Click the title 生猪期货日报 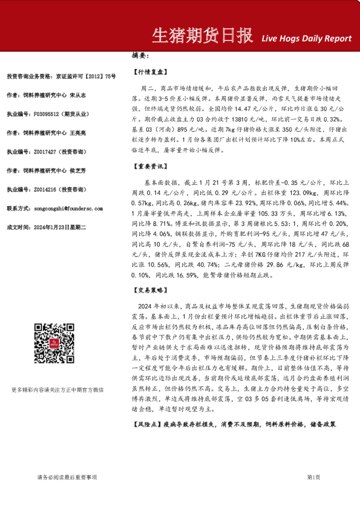201,36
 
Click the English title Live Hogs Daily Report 306,38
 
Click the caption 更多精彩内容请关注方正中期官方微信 57,373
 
